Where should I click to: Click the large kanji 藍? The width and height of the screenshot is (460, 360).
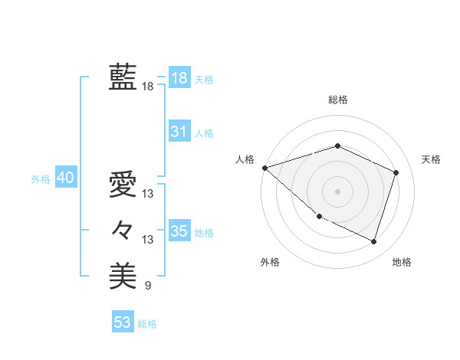(x=123, y=77)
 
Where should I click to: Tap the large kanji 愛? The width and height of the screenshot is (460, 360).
(x=123, y=184)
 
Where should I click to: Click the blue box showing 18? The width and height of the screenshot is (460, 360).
(x=179, y=77)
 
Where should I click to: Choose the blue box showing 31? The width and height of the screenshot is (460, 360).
(x=179, y=131)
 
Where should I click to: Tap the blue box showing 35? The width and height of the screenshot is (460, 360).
(x=179, y=231)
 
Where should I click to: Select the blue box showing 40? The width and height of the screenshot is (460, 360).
(x=65, y=178)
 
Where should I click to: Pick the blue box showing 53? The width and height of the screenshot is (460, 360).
(x=122, y=322)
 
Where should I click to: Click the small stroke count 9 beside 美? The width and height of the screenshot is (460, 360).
(x=147, y=286)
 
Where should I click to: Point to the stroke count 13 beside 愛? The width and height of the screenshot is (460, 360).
(x=147, y=194)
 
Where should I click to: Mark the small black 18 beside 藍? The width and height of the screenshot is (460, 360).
(x=147, y=87)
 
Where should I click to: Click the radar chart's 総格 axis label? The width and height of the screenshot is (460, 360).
(x=338, y=100)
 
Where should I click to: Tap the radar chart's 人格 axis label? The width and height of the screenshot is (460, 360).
(x=245, y=159)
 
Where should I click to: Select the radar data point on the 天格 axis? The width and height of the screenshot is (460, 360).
(x=396, y=172)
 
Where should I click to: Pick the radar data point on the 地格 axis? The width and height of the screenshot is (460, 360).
(x=373, y=241)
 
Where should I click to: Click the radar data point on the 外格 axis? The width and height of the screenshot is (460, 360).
(x=319, y=218)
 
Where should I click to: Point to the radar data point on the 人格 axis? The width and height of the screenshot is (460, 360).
(x=264, y=168)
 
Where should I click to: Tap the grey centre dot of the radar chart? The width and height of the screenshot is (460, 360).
(x=338, y=191)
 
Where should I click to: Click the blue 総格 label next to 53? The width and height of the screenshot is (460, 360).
(x=147, y=324)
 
